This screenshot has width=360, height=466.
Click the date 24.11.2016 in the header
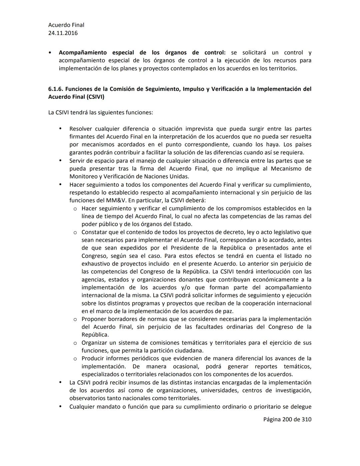(63, 33)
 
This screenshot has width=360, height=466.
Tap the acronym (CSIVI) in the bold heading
(95, 97)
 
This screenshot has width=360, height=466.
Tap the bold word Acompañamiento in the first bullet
(83, 53)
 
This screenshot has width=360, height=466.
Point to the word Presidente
(185, 248)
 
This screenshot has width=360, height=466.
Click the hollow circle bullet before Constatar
(75, 232)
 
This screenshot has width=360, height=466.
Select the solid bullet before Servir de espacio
(60, 160)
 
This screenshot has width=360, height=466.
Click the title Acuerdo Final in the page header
(66, 25)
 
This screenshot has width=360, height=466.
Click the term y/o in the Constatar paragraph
(187, 288)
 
